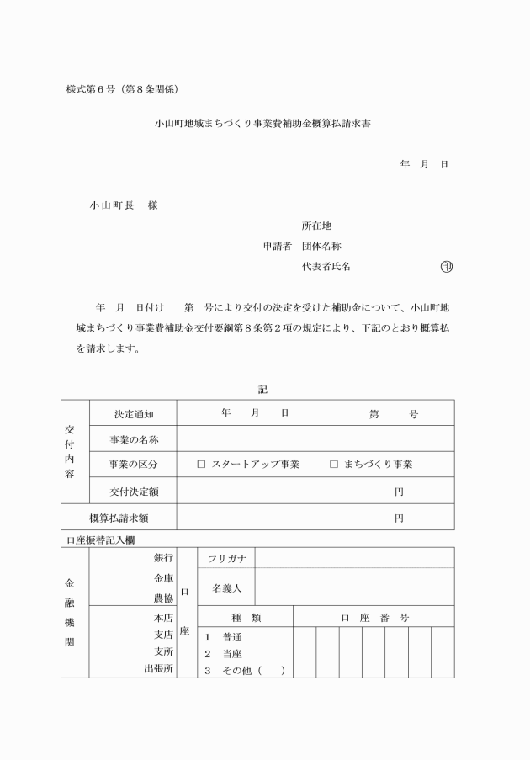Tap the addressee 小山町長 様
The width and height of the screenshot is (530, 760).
124,205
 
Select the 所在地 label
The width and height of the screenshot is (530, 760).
316,226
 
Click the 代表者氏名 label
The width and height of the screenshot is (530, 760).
326,267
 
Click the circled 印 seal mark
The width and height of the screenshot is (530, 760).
446,267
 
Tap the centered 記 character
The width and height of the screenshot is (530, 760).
262,389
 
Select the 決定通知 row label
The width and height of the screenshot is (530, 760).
133,414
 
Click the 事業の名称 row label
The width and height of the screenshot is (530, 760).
134,439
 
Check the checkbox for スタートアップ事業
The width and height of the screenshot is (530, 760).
201,465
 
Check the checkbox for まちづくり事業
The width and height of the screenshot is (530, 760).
334,465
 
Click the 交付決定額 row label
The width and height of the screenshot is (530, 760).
134,492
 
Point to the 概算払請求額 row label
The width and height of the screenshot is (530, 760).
119,518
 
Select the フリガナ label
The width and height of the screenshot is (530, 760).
226,558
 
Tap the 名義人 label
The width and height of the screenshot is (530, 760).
226,587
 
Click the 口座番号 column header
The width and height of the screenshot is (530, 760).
374,618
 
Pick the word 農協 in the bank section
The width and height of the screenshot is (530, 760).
163,598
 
